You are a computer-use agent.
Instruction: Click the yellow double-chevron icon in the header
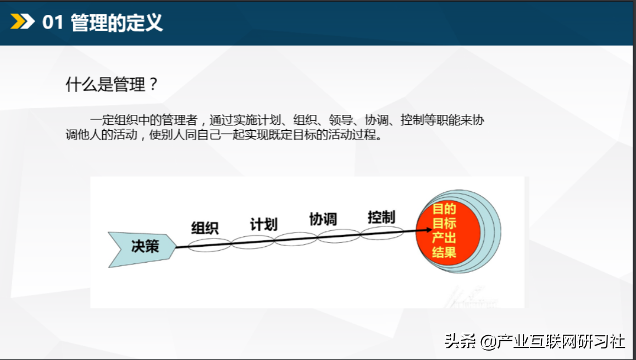point(23,21)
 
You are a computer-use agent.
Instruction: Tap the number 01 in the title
point(53,22)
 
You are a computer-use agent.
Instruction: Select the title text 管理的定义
point(117,22)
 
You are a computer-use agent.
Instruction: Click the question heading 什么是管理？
point(112,85)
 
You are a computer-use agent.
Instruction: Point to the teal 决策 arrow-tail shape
point(142,249)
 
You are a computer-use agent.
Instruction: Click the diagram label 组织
point(205,228)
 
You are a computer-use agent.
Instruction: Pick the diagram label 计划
point(264,224)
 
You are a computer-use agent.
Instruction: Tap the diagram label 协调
point(323,219)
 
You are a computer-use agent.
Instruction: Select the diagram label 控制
point(381,217)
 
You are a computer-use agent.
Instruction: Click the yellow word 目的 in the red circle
point(444,209)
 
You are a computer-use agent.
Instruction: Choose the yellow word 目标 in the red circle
point(444,223)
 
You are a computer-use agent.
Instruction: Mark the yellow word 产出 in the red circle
point(444,237)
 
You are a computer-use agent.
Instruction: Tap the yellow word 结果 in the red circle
point(444,252)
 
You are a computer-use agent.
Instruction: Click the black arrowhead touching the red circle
point(429,230)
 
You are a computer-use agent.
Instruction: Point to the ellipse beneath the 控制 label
point(381,233)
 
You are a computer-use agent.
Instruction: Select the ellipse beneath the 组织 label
point(209,245)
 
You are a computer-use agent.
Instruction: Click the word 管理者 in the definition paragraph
point(179,120)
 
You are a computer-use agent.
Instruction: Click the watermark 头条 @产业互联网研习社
point(535,341)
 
